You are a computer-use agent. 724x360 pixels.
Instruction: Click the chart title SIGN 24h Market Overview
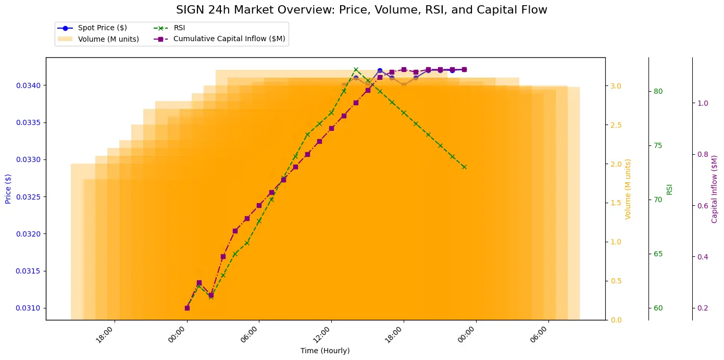tap(361, 10)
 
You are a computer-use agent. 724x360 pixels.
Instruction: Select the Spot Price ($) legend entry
tap(102, 28)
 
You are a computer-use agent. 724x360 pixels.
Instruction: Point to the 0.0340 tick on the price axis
tap(29, 85)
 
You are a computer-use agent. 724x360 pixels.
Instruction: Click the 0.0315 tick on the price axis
tap(29, 271)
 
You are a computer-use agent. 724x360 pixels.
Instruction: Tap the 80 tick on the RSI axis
tap(658, 92)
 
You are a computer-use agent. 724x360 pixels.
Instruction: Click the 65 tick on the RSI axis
tap(658, 254)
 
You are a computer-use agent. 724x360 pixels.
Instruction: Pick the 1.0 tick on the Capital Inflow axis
tap(702, 103)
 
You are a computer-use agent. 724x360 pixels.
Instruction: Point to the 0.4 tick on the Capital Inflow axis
tap(702, 257)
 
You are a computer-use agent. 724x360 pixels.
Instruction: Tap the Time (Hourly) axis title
tap(325, 351)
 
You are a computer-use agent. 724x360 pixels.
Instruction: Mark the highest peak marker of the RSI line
tap(356, 69)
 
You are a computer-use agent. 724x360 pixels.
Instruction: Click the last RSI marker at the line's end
tap(464, 167)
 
